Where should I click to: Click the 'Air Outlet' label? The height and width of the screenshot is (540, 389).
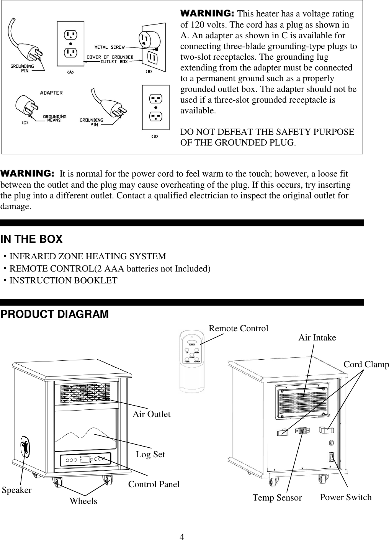coord(151,414)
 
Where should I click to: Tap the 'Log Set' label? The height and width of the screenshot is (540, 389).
coord(150,454)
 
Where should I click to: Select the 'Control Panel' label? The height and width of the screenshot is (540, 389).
coord(154,484)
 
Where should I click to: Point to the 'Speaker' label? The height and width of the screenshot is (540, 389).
coord(17,490)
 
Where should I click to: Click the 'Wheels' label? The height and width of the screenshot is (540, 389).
coord(83,501)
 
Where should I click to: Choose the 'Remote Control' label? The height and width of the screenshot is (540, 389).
coord(238,328)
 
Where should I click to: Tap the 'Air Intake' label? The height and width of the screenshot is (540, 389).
coord(317,337)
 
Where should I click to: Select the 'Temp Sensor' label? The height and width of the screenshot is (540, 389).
coord(277,497)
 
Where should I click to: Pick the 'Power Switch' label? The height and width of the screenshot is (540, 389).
coord(345,497)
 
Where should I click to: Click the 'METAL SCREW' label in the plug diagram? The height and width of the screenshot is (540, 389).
coord(110,47)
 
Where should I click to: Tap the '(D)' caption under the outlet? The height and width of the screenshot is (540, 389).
coord(155,136)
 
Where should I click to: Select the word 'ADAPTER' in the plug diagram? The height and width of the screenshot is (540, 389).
coord(52,93)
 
